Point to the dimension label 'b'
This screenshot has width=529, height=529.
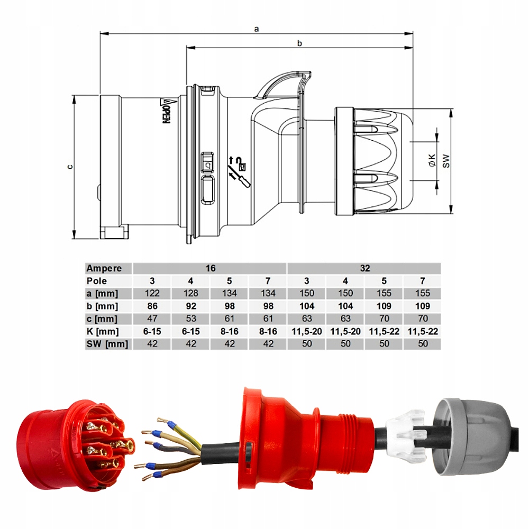(299, 44)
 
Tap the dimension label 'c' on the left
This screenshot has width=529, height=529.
(69, 167)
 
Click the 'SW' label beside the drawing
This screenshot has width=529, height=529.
(446, 161)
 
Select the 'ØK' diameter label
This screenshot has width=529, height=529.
(432, 161)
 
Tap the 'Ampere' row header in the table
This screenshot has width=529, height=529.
(104, 268)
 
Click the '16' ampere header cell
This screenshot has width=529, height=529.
(211, 268)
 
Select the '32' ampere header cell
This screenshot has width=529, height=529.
(364, 268)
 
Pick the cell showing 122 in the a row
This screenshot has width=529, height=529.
(152, 293)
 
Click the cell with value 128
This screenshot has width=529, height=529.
(191, 293)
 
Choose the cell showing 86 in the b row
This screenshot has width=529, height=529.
(152, 306)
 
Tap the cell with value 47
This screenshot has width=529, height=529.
(152, 318)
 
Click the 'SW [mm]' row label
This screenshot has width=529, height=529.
(108, 344)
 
